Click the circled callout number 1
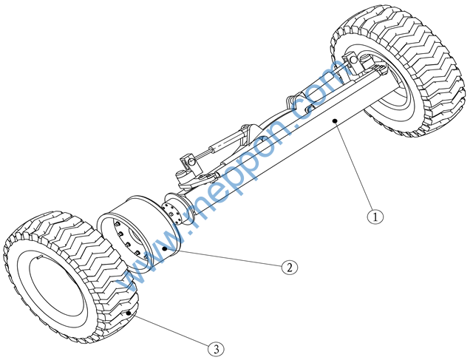point(375,217)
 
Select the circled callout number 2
point(289,267)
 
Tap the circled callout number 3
point(216,350)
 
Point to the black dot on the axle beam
point(335,121)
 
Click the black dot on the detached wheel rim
point(165,248)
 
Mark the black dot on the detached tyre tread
point(129,313)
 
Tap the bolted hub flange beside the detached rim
point(177,208)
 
